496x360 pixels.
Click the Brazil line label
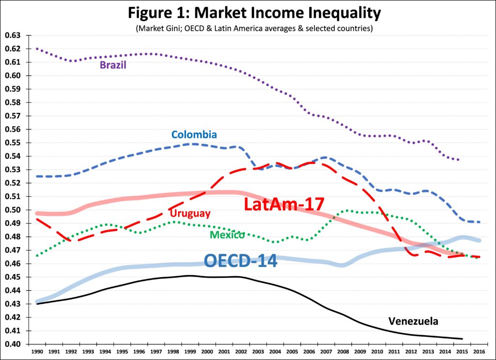113,65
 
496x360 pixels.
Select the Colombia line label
194,134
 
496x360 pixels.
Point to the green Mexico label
227,235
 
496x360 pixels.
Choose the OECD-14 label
240,261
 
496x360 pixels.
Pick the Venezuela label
413,321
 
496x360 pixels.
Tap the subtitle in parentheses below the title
248,29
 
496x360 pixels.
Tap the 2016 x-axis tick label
480,350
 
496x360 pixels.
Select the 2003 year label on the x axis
258,350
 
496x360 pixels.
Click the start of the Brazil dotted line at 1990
37,49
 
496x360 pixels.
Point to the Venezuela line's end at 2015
463,339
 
